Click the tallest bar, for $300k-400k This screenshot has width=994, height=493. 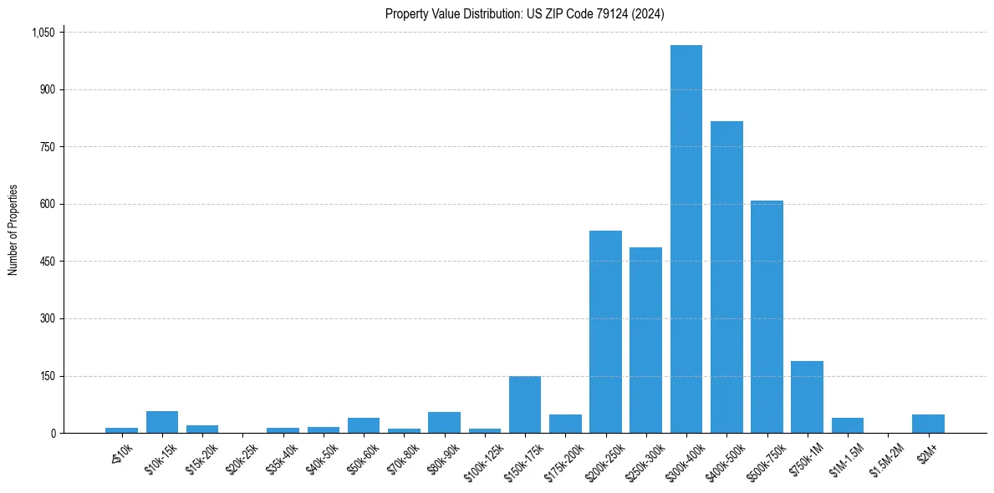(x=686, y=239)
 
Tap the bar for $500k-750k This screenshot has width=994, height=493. (x=767, y=317)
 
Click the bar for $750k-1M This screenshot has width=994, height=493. (x=807, y=397)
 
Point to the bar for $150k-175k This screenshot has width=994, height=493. (x=525, y=404)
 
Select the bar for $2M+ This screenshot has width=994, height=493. (x=928, y=424)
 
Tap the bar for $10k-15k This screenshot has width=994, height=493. (x=162, y=422)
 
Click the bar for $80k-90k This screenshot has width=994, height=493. (x=444, y=423)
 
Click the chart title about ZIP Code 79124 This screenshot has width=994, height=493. (x=525, y=13)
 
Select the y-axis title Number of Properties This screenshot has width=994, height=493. (x=13, y=230)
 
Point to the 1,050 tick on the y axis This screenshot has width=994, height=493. (x=43, y=33)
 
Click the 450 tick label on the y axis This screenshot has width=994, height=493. (x=47, y=262)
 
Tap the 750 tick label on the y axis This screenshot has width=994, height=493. (x=47, y=147)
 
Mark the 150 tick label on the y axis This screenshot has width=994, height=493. (x=47, y=376)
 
